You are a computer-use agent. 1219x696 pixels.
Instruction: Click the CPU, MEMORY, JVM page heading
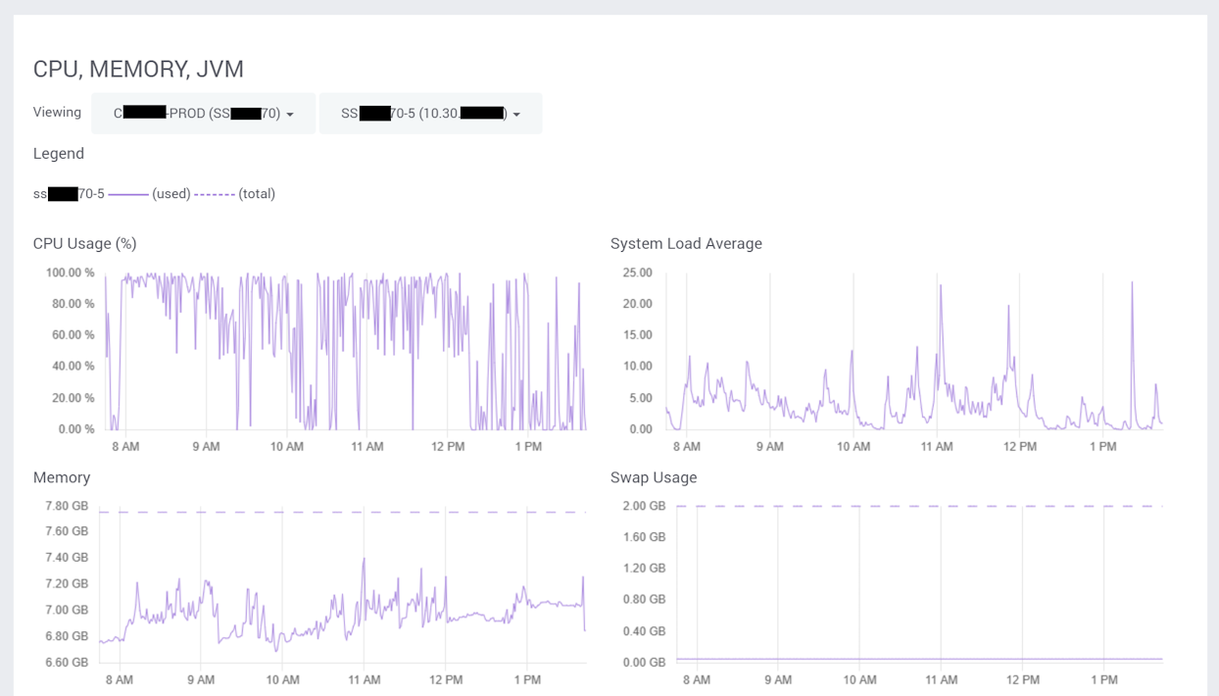(138, 70)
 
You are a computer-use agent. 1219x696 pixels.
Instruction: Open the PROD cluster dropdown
(203, 114)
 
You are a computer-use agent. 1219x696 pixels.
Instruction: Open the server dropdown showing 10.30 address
(430, 114)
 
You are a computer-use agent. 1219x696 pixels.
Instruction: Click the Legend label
(59, 154)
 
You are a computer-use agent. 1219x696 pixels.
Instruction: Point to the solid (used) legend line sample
(127, 194)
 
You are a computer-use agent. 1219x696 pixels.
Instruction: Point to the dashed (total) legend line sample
(214, 194)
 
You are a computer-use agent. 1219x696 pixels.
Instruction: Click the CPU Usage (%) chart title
(85, 244)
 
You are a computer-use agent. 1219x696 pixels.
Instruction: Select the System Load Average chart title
(686, 244)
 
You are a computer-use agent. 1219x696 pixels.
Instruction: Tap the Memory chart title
(62, 477)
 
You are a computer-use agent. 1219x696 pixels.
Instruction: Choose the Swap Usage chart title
(654, 477)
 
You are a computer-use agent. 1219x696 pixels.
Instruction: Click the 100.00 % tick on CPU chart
(71, 273)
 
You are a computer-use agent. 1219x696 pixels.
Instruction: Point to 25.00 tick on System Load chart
(637, 273)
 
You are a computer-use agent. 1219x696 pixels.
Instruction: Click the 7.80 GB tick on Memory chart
(67, 506)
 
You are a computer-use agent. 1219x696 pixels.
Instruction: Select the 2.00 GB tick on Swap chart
(644, 506)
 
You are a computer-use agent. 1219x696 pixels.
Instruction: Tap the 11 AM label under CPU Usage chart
(367, 447)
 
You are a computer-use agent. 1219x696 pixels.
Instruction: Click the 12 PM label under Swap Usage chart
(1022, 679)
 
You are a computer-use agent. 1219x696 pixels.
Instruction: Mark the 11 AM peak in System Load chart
(941, 286)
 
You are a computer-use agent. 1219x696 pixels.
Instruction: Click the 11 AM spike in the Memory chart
(364, 560)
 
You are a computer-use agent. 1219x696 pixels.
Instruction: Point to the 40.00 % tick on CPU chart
(71, 367)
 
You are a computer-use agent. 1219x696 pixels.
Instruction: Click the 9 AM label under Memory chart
(201, 679)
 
